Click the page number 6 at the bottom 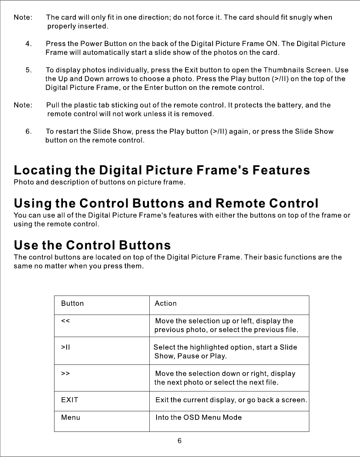pos(179,441)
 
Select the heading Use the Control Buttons pos(92,244)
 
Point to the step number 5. pos(28,70)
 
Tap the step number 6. pos(28,131)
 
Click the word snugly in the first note pos(301,18)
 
